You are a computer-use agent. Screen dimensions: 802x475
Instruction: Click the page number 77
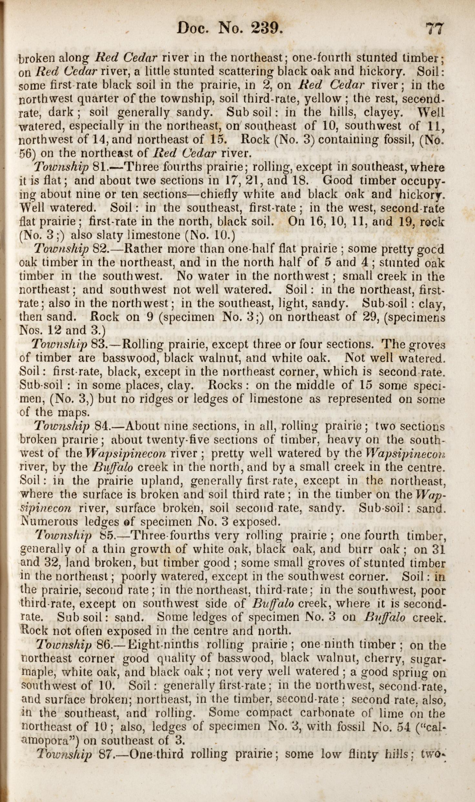(x=435, y=29)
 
